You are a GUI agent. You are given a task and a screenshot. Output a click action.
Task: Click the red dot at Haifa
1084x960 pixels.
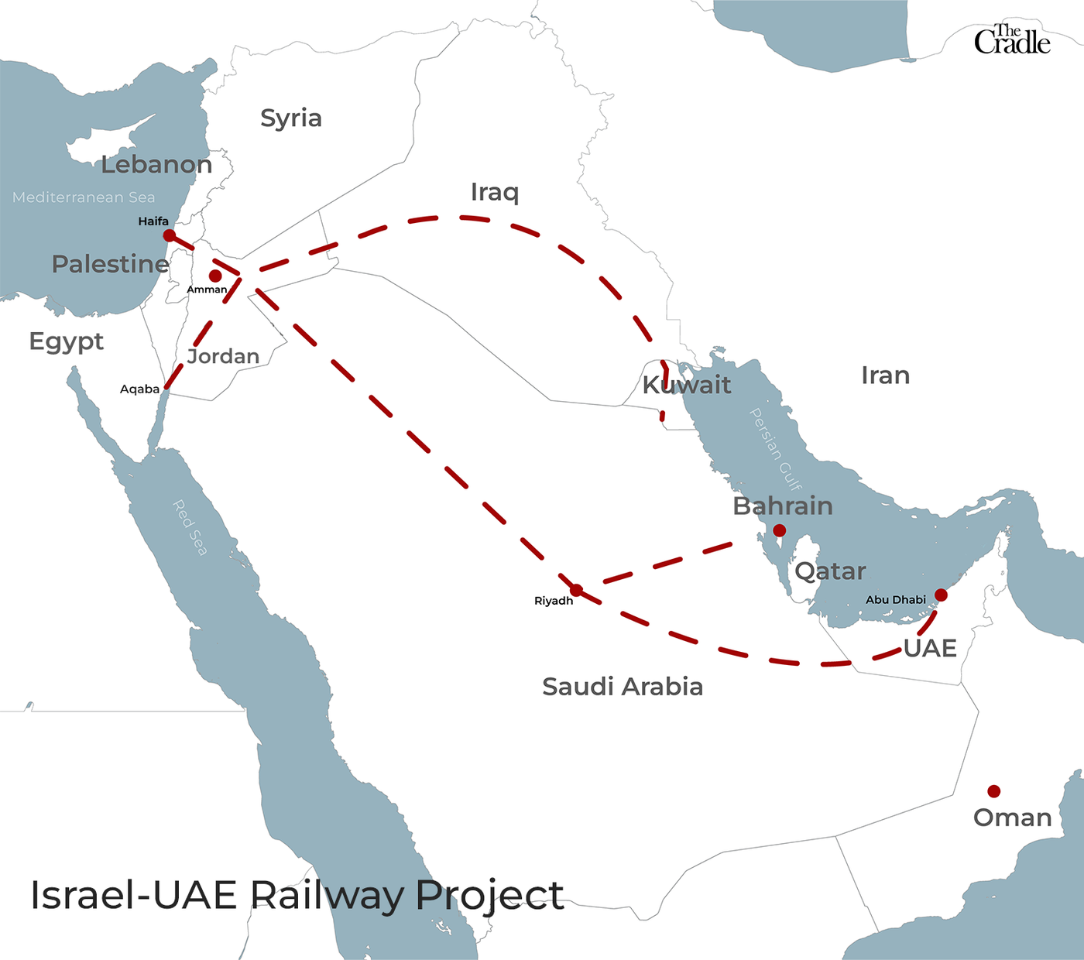click(169, 235)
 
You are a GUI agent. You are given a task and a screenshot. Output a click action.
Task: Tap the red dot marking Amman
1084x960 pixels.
click(215, 276)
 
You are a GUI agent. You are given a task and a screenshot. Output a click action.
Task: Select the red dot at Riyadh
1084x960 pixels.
click(576, 590)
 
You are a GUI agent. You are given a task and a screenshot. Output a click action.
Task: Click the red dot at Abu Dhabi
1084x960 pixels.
click(941, 595)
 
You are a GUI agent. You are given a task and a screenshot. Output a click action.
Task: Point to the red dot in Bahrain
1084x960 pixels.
click(780, 530)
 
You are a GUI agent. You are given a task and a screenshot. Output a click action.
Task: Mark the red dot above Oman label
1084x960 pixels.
click(993, 791)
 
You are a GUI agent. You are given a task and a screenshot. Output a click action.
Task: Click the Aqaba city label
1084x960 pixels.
click(139, 389)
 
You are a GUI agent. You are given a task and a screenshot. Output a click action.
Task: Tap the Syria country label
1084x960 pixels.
click(290, 118)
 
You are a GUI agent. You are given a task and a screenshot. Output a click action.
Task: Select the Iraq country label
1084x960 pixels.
click(495, 192)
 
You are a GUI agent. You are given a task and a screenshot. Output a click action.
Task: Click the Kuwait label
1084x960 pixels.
click(687, 385)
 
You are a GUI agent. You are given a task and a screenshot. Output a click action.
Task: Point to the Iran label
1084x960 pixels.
click(885, 375)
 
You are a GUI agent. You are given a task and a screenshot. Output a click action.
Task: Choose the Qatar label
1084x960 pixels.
click(830, 571)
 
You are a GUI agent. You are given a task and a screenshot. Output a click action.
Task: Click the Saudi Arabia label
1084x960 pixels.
click(623, 687)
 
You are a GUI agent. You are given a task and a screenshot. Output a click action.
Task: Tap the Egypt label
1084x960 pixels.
click(67, 341)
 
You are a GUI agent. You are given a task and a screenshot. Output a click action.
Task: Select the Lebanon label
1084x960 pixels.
click(156, 165)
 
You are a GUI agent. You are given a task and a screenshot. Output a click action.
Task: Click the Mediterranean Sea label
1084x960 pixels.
click(84, 197)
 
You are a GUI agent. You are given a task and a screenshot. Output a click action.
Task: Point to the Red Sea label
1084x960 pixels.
click(190, 528)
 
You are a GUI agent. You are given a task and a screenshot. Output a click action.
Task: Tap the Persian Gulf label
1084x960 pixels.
click(775, 450)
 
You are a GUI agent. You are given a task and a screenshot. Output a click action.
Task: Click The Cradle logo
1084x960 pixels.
click(1011, 40)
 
